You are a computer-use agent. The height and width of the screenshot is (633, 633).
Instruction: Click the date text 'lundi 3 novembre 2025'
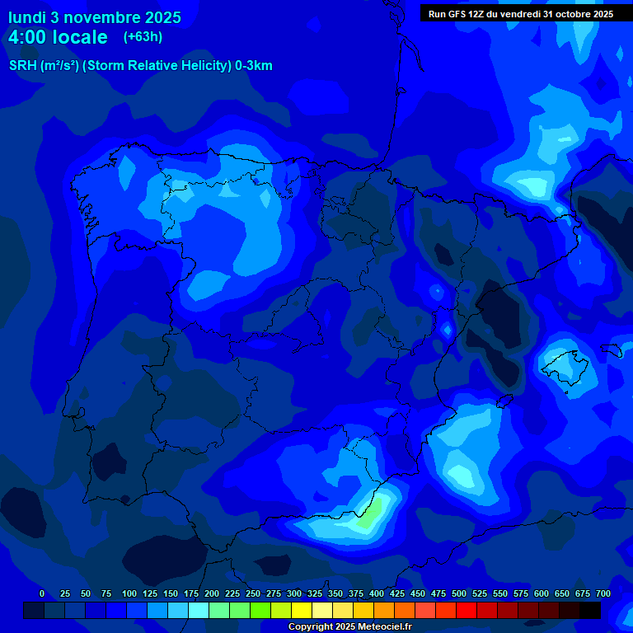click(95, 17)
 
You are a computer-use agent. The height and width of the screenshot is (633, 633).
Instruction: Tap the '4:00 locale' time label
click(58, 37)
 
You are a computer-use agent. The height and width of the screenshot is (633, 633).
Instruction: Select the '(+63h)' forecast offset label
click(143, 37)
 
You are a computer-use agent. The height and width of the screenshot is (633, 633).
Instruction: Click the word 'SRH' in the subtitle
click(22, 66)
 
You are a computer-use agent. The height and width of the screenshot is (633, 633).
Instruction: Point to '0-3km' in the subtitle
click(253, 66)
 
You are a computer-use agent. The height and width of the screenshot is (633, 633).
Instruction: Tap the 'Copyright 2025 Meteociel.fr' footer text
click(349, 627)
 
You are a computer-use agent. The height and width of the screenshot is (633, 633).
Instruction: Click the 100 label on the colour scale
click(129, 593)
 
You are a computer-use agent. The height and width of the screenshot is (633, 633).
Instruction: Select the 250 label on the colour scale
click(253, 593)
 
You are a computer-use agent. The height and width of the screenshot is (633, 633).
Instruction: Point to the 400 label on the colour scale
click(377, 593)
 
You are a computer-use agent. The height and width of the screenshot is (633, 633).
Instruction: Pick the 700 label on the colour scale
click(603, 593)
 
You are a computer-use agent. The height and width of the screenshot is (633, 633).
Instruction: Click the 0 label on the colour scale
click(42, 593)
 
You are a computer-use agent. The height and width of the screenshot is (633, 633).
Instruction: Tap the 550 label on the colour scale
click(500, 593)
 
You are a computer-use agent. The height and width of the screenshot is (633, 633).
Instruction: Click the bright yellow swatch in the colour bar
click(302, 611)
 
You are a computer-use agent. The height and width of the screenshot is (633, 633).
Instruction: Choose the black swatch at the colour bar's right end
click(590, 611)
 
